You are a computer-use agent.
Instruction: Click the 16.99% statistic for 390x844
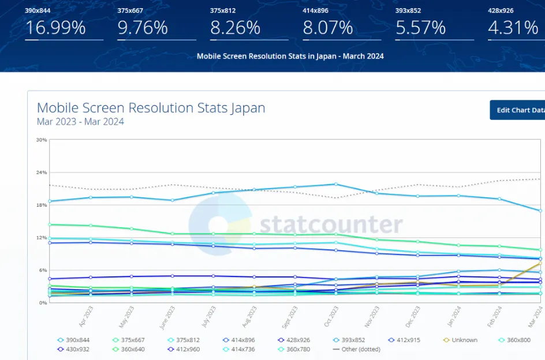(55, 28)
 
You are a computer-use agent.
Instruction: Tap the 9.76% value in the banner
(143, 28)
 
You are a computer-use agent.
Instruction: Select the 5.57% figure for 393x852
(420, 28)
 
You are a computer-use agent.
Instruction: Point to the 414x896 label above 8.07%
(315, 10)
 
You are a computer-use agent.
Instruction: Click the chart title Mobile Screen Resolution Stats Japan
(151, 108)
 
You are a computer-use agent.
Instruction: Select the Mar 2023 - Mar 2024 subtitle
(80, 122)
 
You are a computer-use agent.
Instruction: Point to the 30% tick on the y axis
(42, 140)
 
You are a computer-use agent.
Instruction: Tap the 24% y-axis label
(42, 172)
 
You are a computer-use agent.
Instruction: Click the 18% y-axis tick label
(42, 205)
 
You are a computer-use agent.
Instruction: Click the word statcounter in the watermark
(331, 224)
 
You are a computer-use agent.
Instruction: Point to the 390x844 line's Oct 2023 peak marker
(336, 184)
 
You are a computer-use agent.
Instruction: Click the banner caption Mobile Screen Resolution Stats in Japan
(290, 57)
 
